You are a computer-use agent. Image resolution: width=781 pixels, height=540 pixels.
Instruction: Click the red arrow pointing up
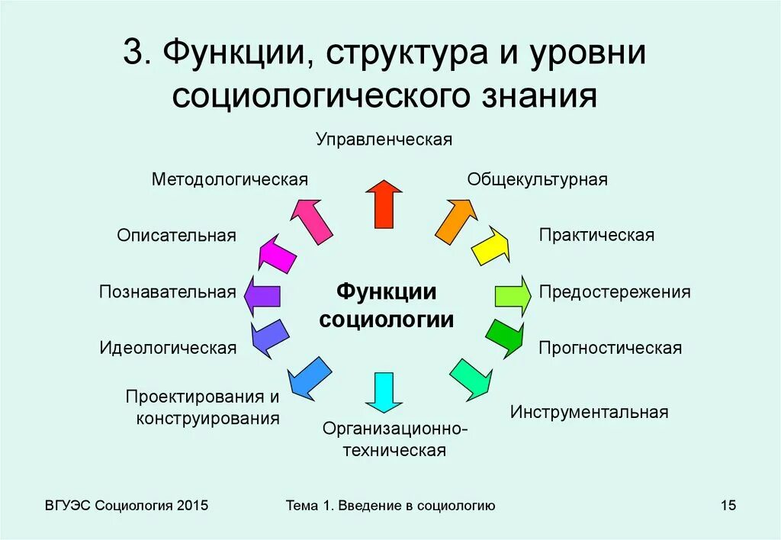click(384, 204)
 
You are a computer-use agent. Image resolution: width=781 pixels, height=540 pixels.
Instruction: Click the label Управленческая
click(384, 140)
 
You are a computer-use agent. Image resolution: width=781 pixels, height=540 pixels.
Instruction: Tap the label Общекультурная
click(537, 180)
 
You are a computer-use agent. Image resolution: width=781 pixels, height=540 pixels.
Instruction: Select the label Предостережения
click(615, 292)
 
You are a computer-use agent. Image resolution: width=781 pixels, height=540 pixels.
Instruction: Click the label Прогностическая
click(609, 349)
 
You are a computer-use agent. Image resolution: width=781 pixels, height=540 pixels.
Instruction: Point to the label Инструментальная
click(589, 413)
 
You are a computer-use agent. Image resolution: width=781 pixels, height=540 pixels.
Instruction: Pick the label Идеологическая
click(168, 348)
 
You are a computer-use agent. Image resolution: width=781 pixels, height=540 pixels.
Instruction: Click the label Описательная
click(176, 235)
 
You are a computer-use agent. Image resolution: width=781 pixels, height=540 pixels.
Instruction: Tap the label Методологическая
click(230, 180)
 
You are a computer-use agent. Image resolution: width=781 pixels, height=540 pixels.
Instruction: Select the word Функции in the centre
click(387, 292)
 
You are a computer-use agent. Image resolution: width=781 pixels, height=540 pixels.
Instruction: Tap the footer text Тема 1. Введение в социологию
click(390, 506)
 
